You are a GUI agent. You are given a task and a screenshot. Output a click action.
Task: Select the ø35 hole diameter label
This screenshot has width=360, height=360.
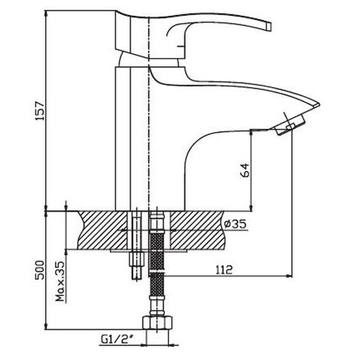point(235,224)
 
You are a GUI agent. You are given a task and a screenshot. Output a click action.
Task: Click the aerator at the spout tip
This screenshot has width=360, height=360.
point(289,127)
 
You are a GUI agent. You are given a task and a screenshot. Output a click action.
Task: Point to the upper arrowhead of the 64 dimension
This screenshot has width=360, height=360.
point(253,132)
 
